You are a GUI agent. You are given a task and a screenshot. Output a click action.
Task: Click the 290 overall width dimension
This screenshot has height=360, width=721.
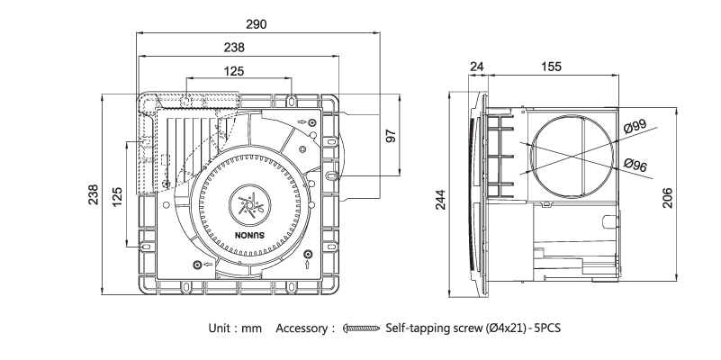point(256,22)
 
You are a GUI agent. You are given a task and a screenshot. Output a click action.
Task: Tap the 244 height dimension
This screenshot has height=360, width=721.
point(440,200)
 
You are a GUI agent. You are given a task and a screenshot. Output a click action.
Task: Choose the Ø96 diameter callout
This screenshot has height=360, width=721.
point(635,165)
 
